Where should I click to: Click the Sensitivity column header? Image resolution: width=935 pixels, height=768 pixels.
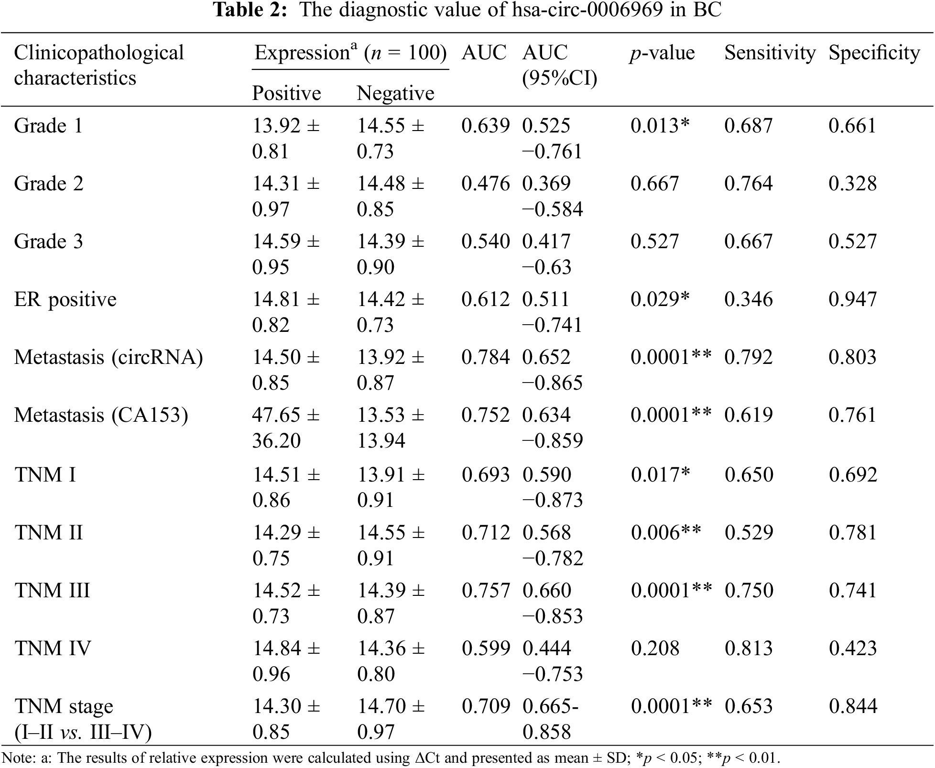[770, 53]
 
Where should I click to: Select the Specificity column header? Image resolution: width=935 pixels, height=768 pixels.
[874, 53]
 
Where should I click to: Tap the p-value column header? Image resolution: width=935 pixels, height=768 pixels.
[662, 53]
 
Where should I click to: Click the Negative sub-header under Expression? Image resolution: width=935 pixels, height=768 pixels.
[395, 93]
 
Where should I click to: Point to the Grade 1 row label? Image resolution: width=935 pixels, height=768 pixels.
[48, 126]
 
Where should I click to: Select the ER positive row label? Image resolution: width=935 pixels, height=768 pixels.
[65, 299]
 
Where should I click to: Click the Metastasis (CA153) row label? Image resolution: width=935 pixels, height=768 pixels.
[101, 415]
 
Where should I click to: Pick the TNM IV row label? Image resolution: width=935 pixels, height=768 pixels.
[53, 648]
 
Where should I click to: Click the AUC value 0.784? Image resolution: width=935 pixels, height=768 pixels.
[485, 357]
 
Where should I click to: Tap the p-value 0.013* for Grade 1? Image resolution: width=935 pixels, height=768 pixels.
[660, 126]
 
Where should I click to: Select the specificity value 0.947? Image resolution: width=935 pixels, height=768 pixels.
[852, 299]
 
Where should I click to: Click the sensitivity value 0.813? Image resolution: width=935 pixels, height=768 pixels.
[749, 648]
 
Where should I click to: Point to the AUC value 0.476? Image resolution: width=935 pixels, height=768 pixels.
[485, 184]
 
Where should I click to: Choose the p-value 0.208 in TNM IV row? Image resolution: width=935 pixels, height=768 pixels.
[655, 648]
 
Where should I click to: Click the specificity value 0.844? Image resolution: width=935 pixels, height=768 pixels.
[853, 706]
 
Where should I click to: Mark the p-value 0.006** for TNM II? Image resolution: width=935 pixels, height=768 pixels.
[666, 533]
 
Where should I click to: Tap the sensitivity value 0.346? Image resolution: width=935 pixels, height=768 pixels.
[748, 299]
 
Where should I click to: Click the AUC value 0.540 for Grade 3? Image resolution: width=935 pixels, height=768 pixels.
[485, 241]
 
